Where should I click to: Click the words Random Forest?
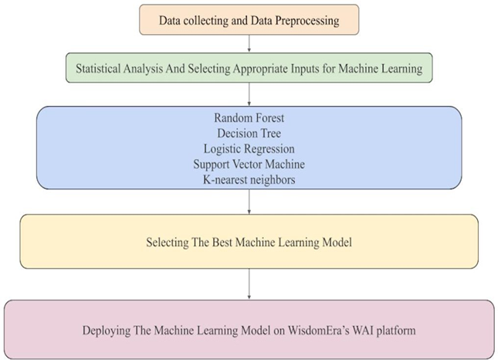click(249, 118)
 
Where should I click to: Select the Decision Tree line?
click(249, 133)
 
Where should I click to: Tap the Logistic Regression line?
click(249, 148)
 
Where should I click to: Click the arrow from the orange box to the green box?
click(249, 45)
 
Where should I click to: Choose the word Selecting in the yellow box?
click(166, 242)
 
